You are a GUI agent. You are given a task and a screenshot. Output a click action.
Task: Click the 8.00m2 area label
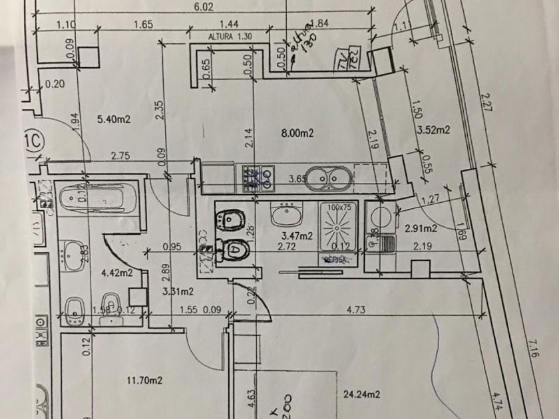click(x=297, y=133)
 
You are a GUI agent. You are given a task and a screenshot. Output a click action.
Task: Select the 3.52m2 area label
click(x=433, y=130)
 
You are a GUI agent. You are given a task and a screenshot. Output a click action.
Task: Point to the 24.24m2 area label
click(x=362, y=394)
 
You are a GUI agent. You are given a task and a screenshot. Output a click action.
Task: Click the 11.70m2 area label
click(x=144, y=380)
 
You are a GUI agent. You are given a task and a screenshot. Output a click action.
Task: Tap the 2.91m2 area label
click(x=421, y=229)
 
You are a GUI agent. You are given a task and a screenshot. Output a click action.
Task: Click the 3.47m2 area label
click(x=297, y=235)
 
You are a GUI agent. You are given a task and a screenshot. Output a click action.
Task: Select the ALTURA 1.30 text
click(x=230, y=37)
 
